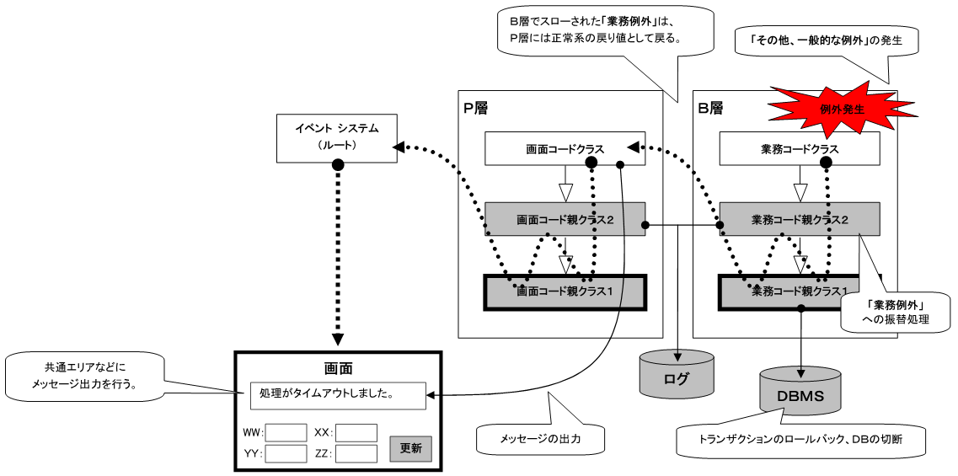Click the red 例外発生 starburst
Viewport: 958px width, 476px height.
[830, 108]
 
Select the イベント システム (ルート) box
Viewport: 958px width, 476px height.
[336, 138]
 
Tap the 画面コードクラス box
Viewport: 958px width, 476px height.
[565, 149]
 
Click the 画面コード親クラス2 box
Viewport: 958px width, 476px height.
[565, 219]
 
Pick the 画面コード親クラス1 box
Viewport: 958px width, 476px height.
[565, 291]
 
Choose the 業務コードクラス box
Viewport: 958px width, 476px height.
[799, 149]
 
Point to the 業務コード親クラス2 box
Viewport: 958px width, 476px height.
[799, 219]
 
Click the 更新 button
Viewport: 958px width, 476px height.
[410, 447]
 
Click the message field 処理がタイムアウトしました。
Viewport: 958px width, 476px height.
[338, 393]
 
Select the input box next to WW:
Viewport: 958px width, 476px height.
[286, 432]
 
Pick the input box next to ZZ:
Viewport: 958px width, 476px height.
[356, 453]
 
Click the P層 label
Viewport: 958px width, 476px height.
[475, 108]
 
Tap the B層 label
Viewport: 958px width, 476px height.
[710, 108]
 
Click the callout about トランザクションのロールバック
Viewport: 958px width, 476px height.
[800, 440]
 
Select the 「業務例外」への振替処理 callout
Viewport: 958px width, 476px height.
[896, 311]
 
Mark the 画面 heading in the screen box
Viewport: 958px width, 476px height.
[338, 368]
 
